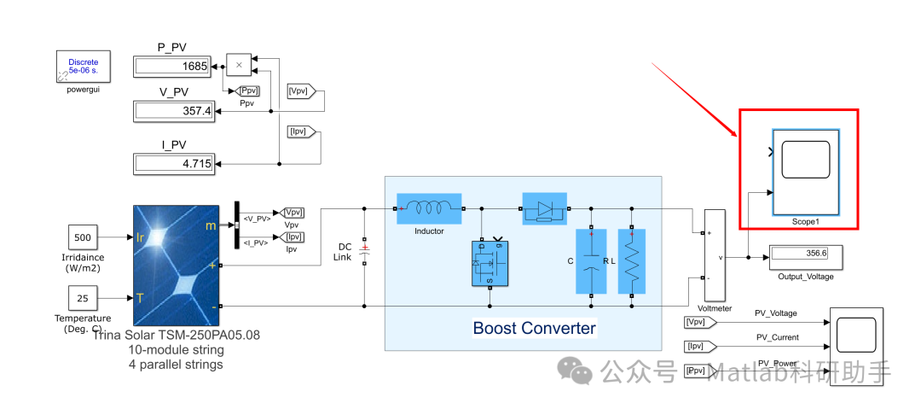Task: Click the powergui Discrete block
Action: click(83, 67)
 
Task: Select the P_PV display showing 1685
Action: click(173, 66)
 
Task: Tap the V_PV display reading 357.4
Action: click(173, 110)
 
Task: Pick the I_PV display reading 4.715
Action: click(173, 163)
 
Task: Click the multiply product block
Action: click(239, 65)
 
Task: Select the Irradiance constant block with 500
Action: click(83, 237)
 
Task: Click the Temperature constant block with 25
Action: click(83, 298)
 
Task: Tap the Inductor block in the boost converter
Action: click(429, 207)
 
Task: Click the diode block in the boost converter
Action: click(543, 207)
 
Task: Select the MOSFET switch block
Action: click(489, 265)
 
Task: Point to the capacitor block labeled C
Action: click(591, 261)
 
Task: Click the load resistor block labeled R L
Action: click(632, 261)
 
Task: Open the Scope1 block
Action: click(805, 172)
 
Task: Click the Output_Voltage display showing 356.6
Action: click(805, 254)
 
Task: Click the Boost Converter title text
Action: click(534, 328)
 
